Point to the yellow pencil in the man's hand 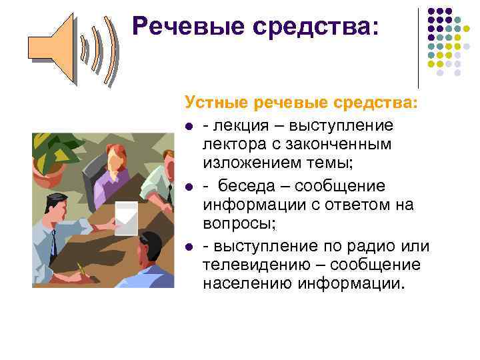point(82,270)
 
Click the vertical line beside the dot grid point(418,47)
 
